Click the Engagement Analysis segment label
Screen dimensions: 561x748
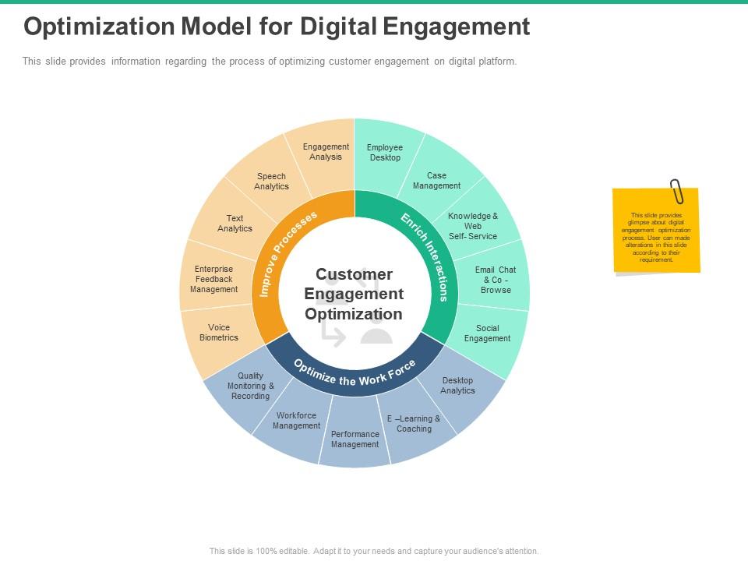click(x=326, y=152)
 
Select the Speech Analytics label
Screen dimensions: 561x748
click(x=271, y=182)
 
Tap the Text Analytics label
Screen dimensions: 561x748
click(x=235, y=224)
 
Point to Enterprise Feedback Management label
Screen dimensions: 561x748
click(x=213, y=279)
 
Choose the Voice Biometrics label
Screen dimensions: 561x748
click(x=219, y=333)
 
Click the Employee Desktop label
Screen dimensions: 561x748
click(x=385, y=153)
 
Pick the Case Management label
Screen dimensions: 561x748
click(x=436, y=181)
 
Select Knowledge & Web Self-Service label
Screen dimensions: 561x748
click(x=473, y=226)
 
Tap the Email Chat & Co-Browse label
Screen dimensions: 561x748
click(x=496, y=280)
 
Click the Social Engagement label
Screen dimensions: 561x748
click(x=487, y=333)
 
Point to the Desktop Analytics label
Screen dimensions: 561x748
click(x=457, y=386)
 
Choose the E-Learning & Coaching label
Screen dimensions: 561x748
click(x=414, y=424)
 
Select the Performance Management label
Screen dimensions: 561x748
click(x=355, y=439)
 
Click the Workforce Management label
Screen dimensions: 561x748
click(x=296, y=421)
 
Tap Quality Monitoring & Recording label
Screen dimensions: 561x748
click(x=250, y=386)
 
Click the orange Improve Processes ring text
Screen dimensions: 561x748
click(x=289, y=253)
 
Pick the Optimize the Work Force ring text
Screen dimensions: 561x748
click(x=355, y=373)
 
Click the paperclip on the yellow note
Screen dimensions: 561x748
click(x=676, y=191)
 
